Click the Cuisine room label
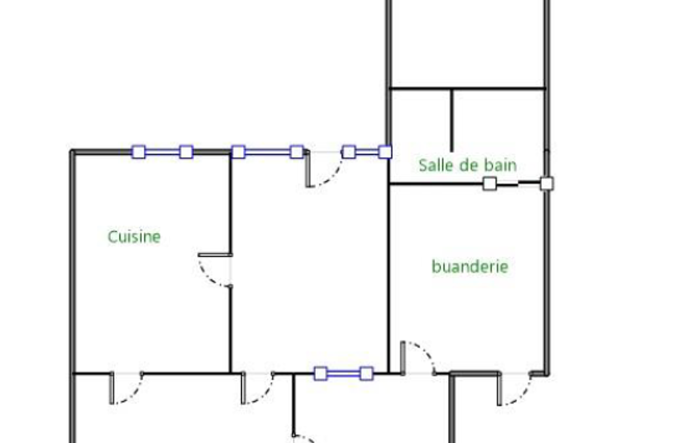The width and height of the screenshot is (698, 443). [x=134, y=236]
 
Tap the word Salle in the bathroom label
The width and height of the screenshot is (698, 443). [x=435, y=165]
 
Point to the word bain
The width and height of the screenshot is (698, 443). [x=500, y=165]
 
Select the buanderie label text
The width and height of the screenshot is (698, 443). [x=470, y=266]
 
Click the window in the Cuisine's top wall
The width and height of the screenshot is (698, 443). [x=162, y=152]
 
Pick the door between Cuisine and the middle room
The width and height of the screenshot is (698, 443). [x=217, y=270]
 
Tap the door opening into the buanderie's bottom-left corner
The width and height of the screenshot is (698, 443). [x=417, y=358]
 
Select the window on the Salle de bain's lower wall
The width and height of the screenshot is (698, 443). [x=518, y=183]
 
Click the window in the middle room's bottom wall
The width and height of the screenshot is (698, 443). [x=343, y=373]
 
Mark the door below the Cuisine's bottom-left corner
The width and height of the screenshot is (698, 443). [x=126, y=388]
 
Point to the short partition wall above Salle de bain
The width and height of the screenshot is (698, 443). [x=451, y=120]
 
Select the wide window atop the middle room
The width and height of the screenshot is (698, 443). [x=267, y=151]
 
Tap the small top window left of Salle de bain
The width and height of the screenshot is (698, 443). [x=366, y=152]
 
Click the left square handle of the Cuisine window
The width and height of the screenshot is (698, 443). [x=138, y=152]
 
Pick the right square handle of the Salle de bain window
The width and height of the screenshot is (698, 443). [x=546, y=183]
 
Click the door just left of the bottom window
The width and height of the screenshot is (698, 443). [x=257, y=388]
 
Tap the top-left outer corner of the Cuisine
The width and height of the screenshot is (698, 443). [x=72, y=152]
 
